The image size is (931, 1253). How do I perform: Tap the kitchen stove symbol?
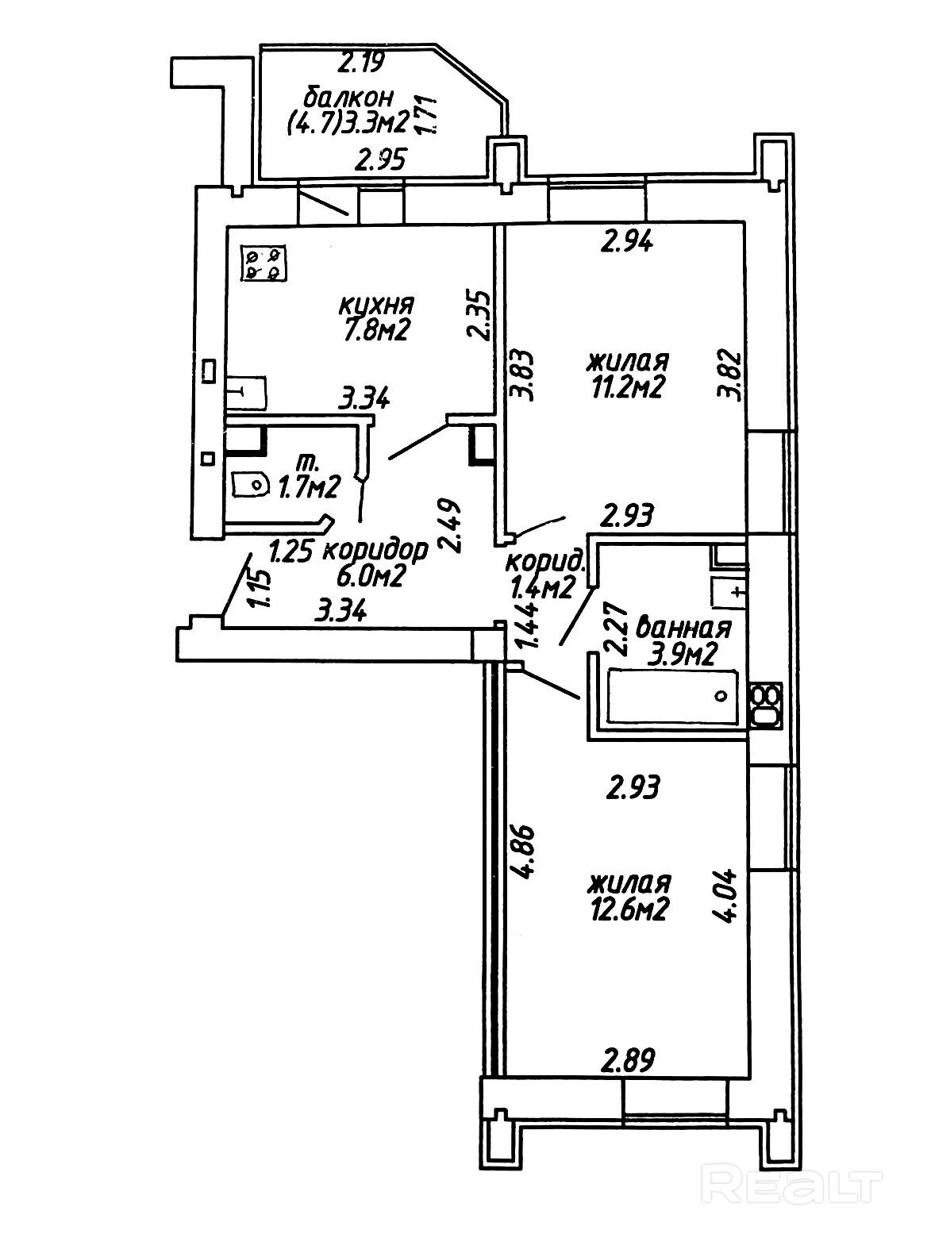(264, 264)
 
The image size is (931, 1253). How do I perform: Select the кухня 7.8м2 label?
(376, 317)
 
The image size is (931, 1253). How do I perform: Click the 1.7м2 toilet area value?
(309, 486)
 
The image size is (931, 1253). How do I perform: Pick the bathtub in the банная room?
(673, 696)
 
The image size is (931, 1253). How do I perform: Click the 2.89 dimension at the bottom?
(628, 1060)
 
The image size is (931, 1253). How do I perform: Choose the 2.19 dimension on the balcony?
(360, 61)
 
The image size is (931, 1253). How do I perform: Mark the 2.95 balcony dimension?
(379, 161)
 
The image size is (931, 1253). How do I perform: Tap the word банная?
(684, 628)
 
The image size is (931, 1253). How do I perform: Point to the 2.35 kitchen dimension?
(480, 315)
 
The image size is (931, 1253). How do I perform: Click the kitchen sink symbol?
(246, 392)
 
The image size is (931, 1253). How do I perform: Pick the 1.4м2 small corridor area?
(543, 590)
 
